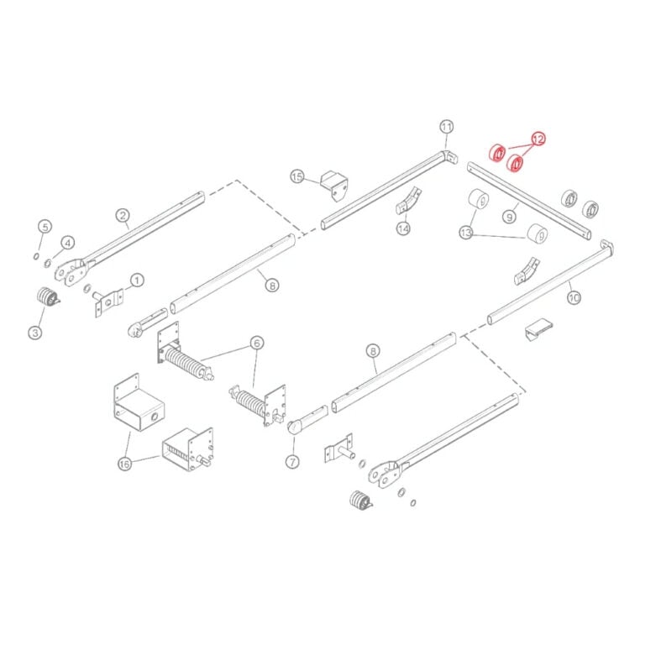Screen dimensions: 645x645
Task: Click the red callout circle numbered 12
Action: pos(537,139)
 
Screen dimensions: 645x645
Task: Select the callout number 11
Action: pos(447,127)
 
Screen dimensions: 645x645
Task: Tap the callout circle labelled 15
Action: pos(297,177)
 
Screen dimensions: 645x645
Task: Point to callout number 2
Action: pos(123,215)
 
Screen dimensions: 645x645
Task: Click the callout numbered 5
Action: pos(45,227)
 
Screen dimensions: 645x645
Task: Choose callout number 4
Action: pos(67,243)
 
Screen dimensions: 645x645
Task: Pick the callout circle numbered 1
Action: pos(137,281)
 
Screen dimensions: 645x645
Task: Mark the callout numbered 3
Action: pos(35,332)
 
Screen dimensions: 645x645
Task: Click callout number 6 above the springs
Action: pos(257,343)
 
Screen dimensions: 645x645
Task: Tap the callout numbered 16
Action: pos(124,464)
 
